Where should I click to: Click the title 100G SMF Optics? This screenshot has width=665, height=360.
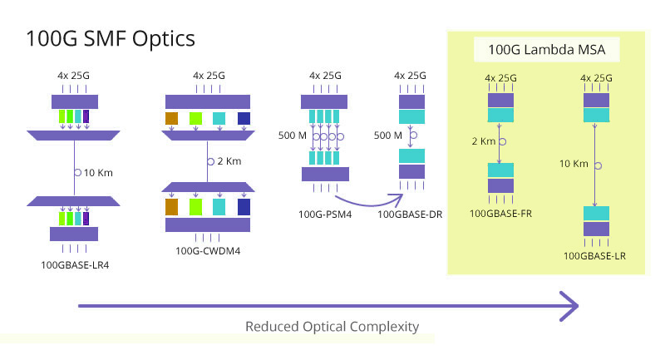pyautogui.click(x=111, y=38)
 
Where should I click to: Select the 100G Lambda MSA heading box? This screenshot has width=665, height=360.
pyautogui.click(x=547, y=50)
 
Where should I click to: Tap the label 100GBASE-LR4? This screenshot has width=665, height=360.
pyautogui.click(x=75, y=265)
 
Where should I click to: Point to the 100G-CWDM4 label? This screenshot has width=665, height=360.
pyautogui.click(x=208, y=251)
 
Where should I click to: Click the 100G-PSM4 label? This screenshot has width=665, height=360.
pyautogui.click(x=325, y=215)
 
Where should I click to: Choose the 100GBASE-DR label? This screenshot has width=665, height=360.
pyautogui.click(x=410, y=215)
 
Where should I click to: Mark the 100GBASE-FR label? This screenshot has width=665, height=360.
pyautogui.click(x=500, y=214)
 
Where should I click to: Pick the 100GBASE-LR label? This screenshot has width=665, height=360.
pyautogui.click(x=594, y=256)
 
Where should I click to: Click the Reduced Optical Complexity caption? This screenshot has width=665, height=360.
pyautogui.click(x=332, y=327)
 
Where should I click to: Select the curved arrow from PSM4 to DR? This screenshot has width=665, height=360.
pyautogui.click(x=369, y=201)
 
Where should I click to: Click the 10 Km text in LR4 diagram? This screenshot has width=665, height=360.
pyautogui.click(x=98, y=173)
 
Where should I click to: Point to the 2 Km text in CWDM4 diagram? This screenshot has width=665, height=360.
pyautogui.click(x=229, y=161)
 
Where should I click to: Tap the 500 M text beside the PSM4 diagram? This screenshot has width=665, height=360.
pyautogui.click(x=293, y=136)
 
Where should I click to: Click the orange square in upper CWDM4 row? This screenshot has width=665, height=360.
pyautogui.click(x=172, y=118)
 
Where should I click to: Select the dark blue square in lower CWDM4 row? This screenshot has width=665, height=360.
pyautogui.click(x=244, y=207)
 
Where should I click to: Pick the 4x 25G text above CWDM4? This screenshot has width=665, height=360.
pyautogui.click(x=209, y=76)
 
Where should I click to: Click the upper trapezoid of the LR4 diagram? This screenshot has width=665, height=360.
pyautogui.click(x=73, y=136)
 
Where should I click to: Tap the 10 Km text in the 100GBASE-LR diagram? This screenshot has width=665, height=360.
pyautogui.click(x=574, y=164)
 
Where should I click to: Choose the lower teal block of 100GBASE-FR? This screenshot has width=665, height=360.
pyautogui.click(x=500, y=170)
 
